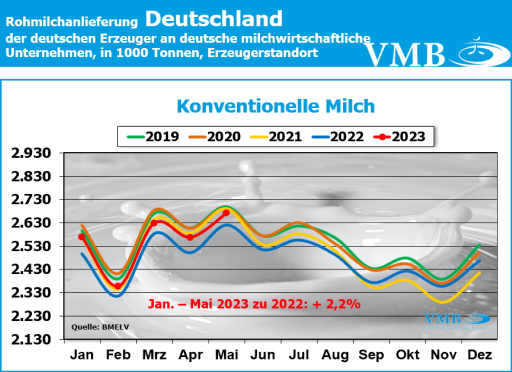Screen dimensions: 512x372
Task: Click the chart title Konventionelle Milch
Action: pos(275,106)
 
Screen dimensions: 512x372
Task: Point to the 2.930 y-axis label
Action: pos(32,153)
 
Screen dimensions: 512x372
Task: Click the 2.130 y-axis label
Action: pos(32,339)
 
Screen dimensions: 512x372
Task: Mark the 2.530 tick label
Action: pos(32,246)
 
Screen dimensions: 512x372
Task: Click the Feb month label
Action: pos(118,355)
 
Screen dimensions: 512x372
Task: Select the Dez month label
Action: pos(479,355)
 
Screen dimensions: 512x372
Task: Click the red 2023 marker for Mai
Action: pos(226,212)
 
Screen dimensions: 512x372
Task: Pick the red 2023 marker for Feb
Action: pos(118,286)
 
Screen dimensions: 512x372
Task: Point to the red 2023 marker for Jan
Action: pos(81,236)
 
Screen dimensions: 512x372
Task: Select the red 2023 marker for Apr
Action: pos(190,237)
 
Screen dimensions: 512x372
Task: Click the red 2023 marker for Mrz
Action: pos(154,223)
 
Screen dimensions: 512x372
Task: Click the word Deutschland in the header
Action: pos(214,19)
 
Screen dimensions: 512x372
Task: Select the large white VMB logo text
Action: pos(405,54)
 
